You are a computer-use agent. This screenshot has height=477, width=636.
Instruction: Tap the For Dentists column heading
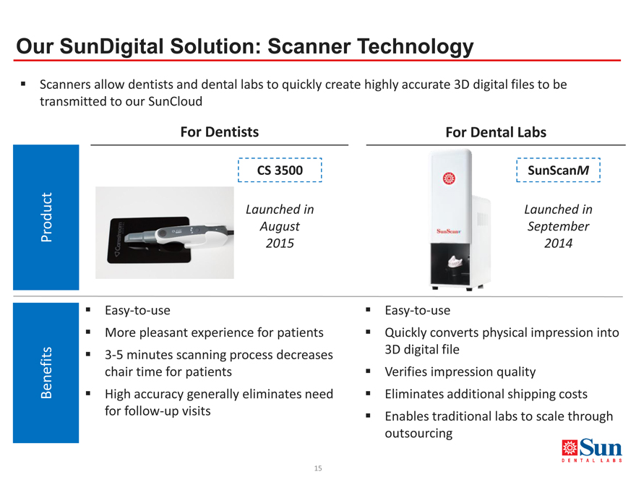220,132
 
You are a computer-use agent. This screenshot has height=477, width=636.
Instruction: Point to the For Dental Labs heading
496,132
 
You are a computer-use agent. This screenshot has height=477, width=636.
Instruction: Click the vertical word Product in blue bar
46,217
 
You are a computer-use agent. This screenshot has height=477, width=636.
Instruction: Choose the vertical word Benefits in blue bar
46,373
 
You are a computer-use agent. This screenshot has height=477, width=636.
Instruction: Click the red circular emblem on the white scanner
449,178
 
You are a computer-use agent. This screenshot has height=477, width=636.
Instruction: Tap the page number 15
318,468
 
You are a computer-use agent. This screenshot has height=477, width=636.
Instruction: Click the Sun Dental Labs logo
592,450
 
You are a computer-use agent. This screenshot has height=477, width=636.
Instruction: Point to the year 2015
280,244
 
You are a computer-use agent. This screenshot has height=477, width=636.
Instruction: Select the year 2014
558,244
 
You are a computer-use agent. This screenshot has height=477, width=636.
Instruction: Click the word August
280,226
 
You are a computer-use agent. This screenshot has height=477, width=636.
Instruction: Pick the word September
558,226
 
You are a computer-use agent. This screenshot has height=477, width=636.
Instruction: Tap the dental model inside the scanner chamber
455,262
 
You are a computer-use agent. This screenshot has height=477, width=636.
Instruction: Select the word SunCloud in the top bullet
175,101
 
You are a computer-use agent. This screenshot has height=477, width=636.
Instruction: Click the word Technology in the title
416,47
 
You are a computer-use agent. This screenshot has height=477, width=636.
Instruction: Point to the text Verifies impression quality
460,372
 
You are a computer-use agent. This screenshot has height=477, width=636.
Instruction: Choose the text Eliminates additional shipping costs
486,394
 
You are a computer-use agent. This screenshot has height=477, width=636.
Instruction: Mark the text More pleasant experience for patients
214,332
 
